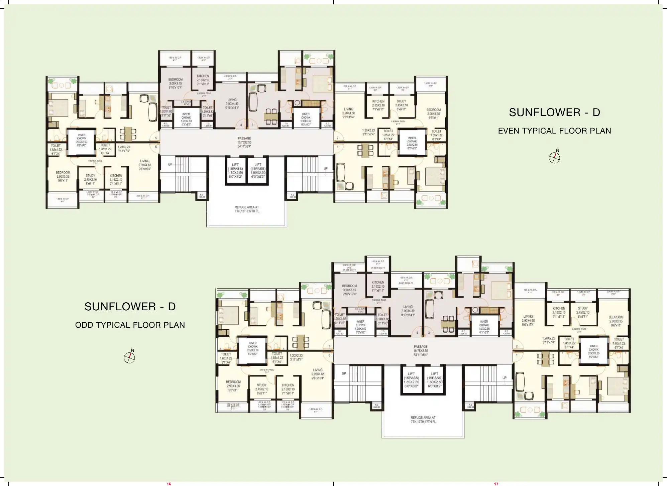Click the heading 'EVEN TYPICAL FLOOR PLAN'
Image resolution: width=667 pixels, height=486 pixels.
(554, 131)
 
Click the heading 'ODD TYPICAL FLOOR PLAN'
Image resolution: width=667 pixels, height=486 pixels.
(130, 325)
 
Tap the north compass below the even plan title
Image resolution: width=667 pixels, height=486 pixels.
(554, 158)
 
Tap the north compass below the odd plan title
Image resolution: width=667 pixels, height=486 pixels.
(129, 358)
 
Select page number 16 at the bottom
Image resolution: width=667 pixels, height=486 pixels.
(169, 484)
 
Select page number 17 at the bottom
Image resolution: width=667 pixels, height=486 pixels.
(496, 484)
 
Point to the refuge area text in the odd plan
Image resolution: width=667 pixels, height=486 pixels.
(423, 420)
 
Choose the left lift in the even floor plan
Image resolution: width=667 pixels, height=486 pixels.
(235, 170)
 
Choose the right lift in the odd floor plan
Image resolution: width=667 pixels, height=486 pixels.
(435, 380)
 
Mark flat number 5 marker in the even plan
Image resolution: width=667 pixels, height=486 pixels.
(156, 138)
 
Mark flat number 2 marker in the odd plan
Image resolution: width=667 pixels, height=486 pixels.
(517, 346)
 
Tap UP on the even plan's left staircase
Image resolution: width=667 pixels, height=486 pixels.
(170, 164)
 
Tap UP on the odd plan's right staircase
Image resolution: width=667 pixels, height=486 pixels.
(504, 378)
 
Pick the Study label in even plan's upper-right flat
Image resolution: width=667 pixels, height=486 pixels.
(401, 103)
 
